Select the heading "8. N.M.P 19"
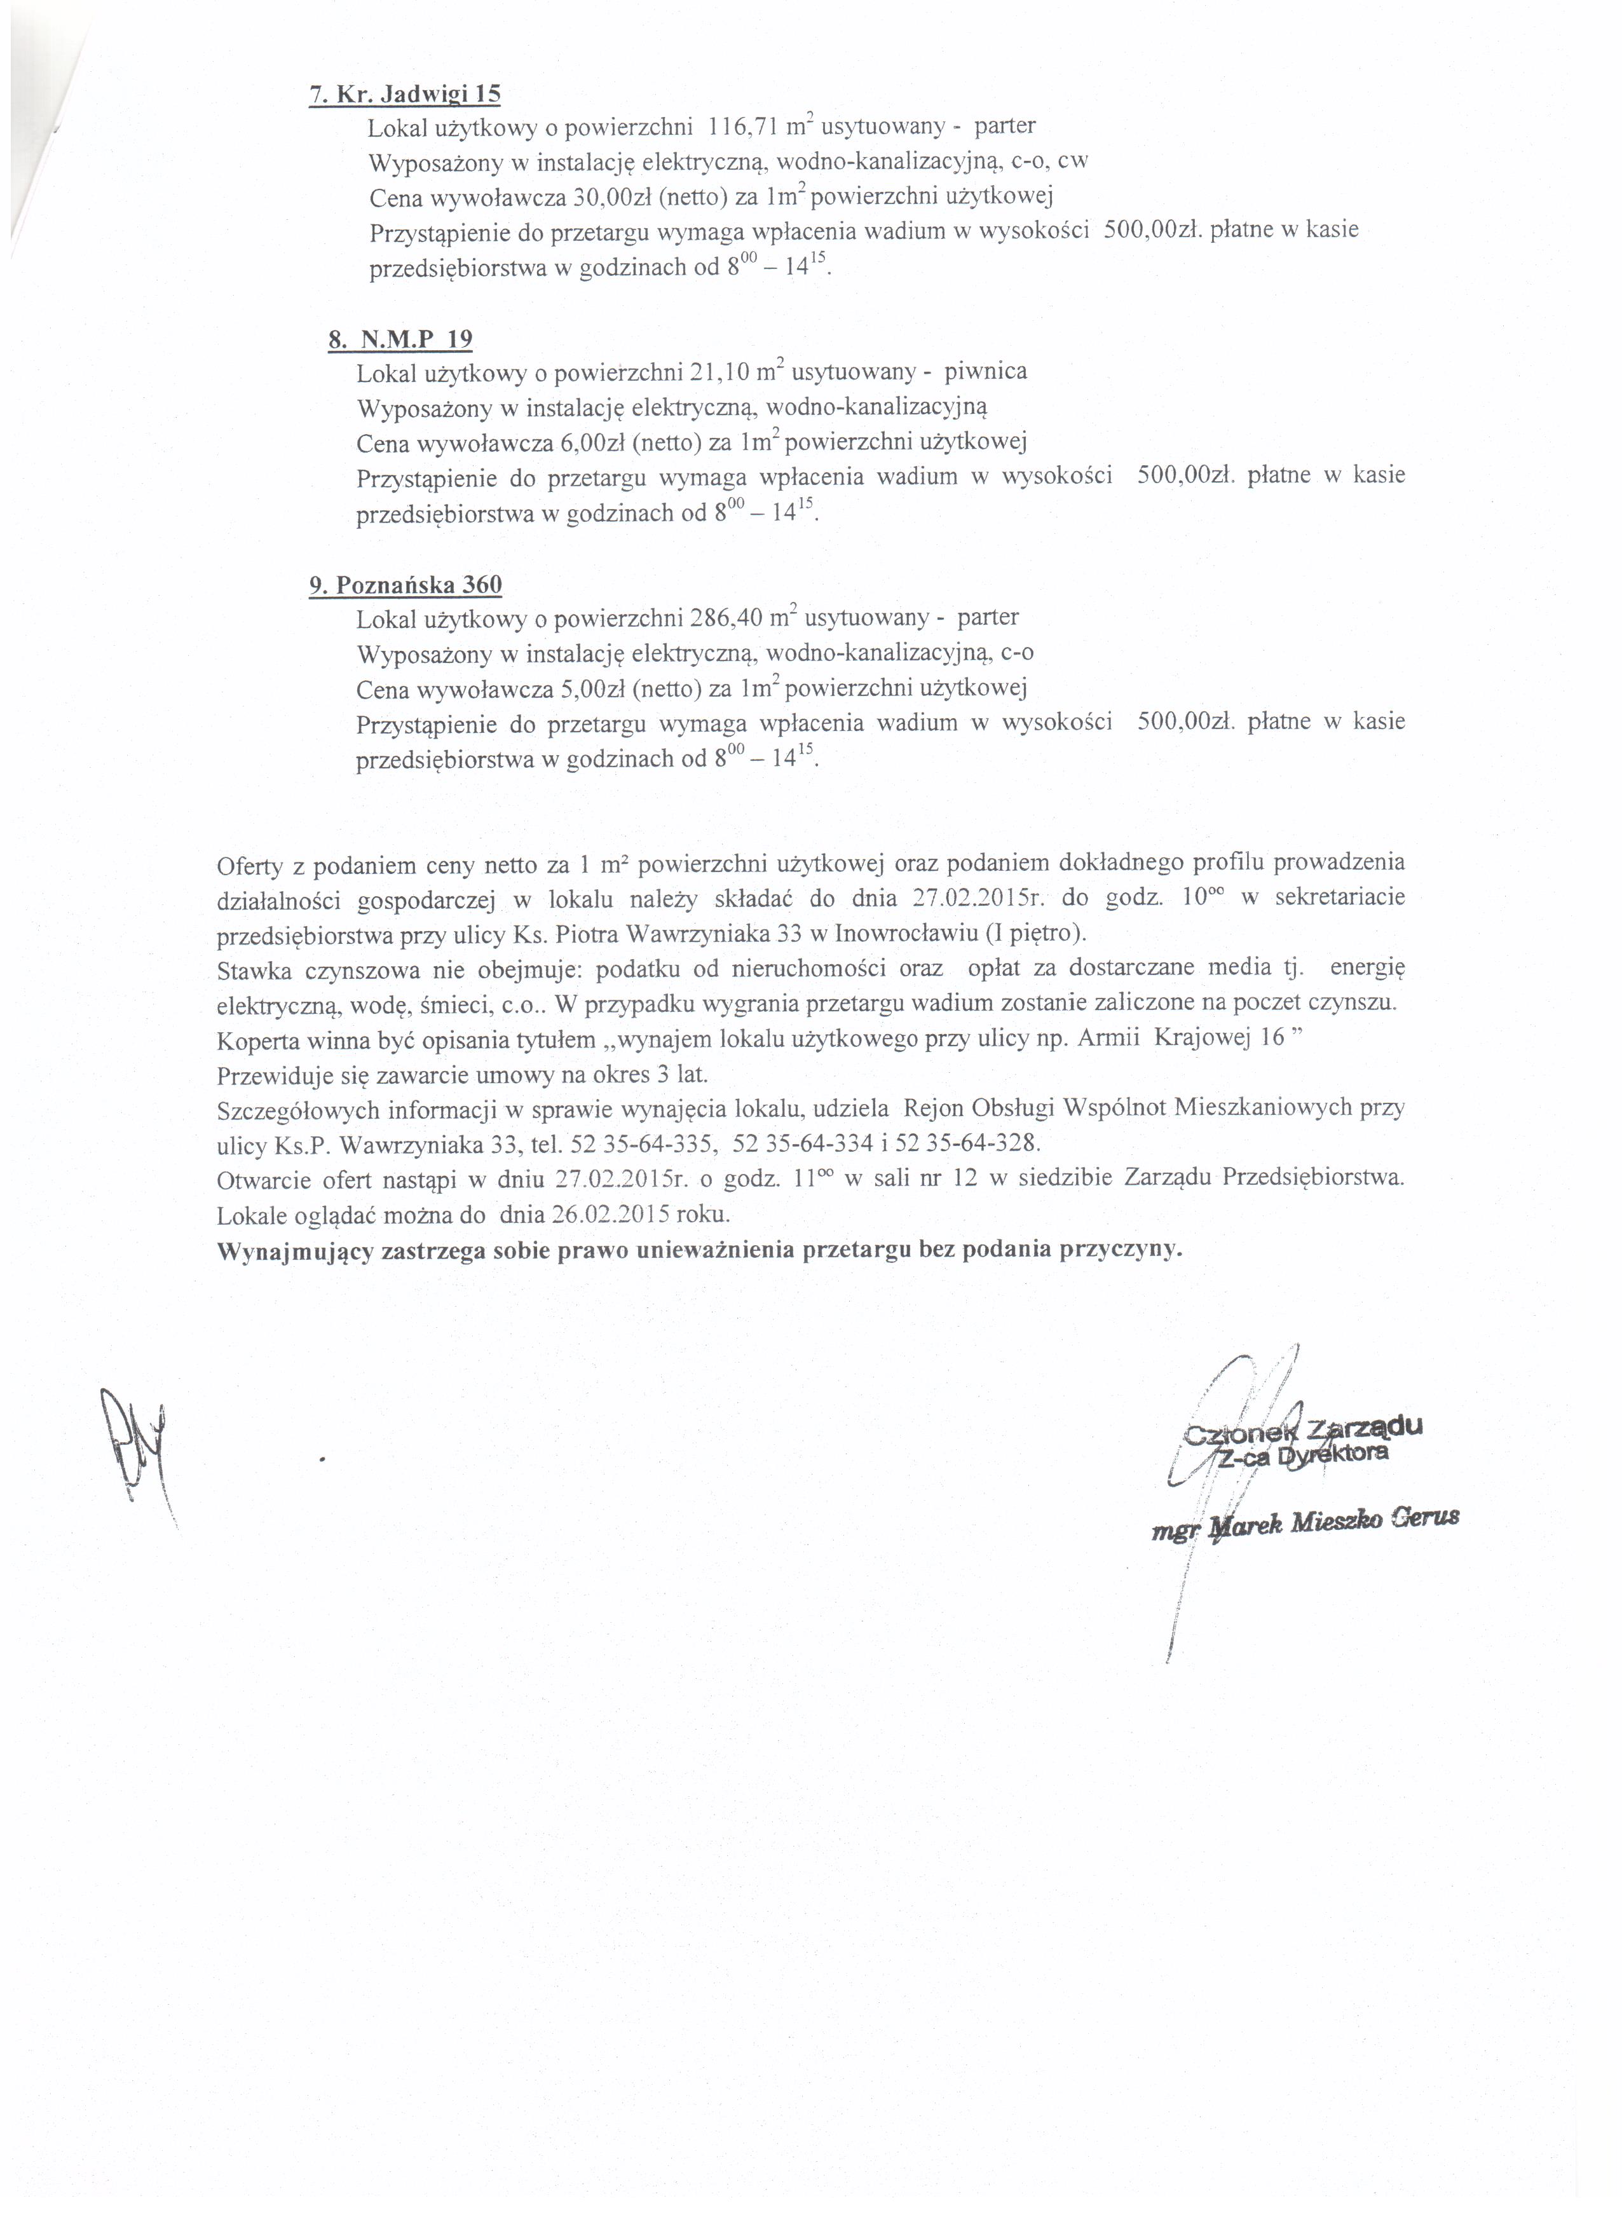coord(400,340)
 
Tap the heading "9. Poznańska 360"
coord(405,585)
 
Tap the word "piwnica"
coord(986,372)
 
